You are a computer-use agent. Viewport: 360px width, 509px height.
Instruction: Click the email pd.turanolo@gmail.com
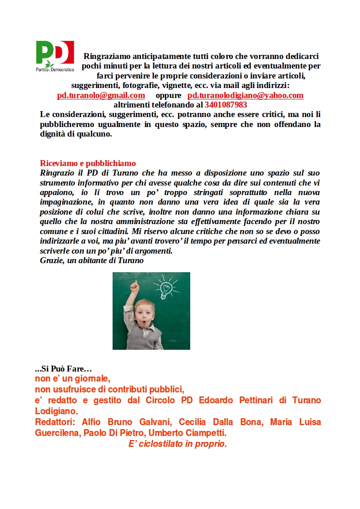101,95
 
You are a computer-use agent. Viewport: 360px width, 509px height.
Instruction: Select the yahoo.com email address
245,95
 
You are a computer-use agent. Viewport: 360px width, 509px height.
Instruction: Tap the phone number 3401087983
226,104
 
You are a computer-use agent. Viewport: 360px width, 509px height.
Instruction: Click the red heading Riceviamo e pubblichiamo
88,163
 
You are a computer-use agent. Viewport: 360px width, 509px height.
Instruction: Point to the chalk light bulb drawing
165,287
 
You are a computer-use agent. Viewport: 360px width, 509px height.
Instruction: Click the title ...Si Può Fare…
63,369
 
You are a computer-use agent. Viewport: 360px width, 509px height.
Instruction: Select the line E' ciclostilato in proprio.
178,444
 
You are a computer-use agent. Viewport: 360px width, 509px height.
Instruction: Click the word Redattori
55,422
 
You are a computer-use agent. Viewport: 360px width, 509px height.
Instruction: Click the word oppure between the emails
169,95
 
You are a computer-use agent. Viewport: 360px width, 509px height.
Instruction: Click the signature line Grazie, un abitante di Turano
92,260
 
